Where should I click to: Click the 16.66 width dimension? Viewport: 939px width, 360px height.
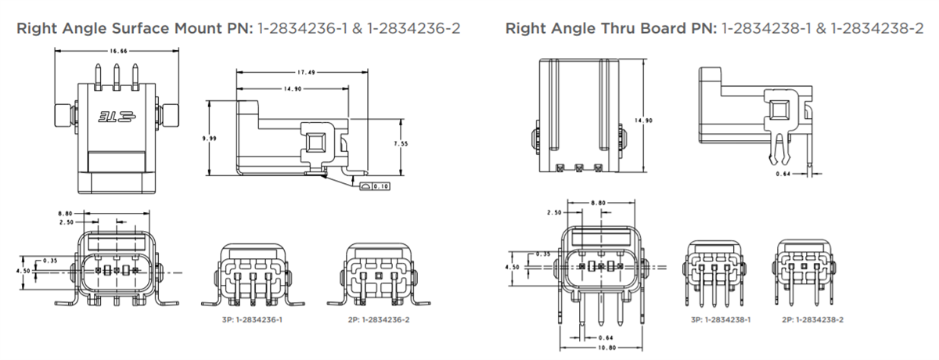point(118,51)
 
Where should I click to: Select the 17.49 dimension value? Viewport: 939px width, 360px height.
point(306,73)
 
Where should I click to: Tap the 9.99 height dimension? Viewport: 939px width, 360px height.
point(209,139)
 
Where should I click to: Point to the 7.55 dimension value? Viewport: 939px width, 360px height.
point(401,144)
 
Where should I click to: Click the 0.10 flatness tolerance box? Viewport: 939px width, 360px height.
point(375,186)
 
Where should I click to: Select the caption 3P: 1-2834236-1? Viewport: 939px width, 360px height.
point(252,320)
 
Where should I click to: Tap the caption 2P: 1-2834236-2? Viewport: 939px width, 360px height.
point(379,320)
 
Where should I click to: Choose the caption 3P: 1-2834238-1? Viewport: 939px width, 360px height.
point(721,320)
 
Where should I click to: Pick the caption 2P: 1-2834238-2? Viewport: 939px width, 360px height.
point(812,320)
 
